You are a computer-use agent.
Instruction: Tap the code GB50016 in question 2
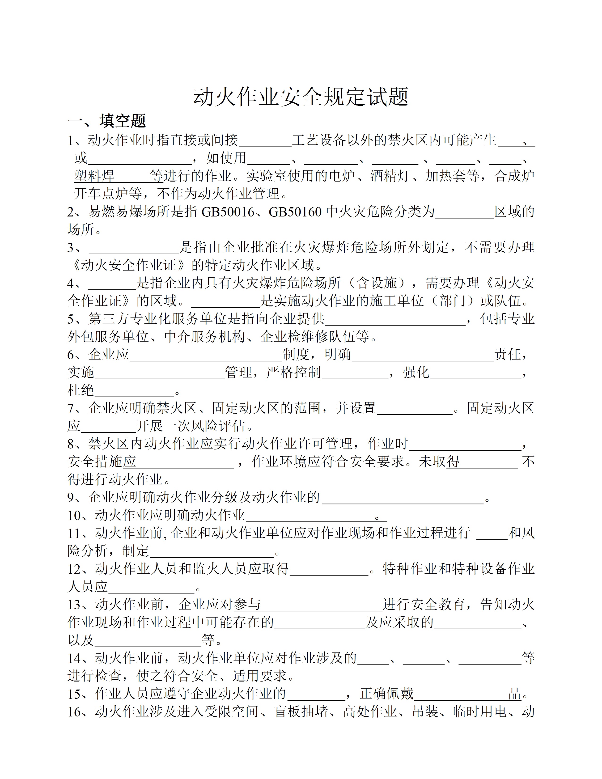228,212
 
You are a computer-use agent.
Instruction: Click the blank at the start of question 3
134,250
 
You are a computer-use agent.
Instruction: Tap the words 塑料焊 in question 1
94,176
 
